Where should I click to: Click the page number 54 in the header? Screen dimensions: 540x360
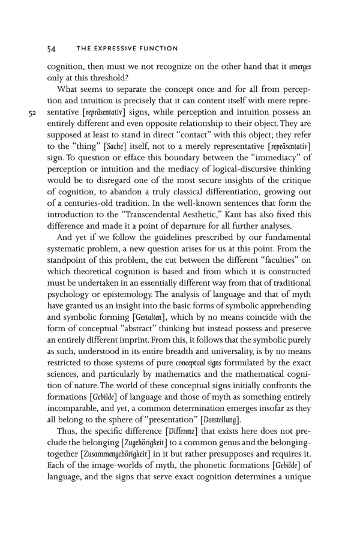(52, 49)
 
